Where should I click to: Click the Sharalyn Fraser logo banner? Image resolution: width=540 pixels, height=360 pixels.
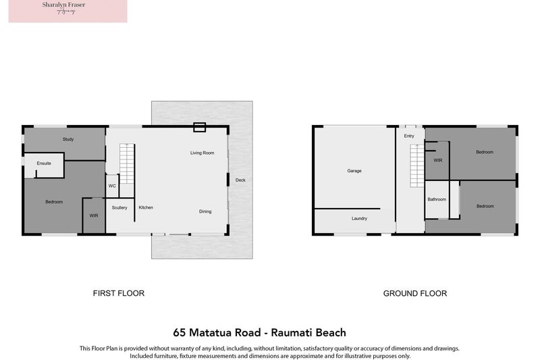coord(67,11)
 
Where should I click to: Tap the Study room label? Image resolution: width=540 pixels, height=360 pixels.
coord(68,139)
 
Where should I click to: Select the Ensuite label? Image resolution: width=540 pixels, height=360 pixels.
coord(44,163)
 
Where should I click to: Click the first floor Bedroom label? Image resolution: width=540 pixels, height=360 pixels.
coord(54,202)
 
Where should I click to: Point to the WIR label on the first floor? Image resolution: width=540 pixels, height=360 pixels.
coord(94,215)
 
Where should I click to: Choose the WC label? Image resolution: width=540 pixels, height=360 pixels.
coord(112,185)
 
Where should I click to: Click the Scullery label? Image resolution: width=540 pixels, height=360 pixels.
coord(119,207)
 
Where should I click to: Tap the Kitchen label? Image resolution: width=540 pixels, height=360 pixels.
coord(146,207)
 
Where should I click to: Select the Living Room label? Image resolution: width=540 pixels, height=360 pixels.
coord(202,153)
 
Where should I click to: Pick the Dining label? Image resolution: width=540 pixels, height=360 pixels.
coord(205,211)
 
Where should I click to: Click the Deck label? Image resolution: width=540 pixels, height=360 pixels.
coord(240,180)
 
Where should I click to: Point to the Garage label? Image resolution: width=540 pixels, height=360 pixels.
coord(354,171)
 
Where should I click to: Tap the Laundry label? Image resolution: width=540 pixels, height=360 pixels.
coord(359,219)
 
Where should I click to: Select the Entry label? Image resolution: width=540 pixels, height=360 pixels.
coord(409,136)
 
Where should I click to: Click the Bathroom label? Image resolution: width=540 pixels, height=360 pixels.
coord(437,199)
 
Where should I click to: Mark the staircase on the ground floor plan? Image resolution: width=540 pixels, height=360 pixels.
coord(417,165)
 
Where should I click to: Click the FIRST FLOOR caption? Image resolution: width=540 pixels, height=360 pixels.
coord(118,293)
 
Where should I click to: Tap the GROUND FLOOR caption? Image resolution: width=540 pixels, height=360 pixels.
coord(414,293)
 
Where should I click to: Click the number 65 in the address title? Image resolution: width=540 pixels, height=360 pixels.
coord(180,332)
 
